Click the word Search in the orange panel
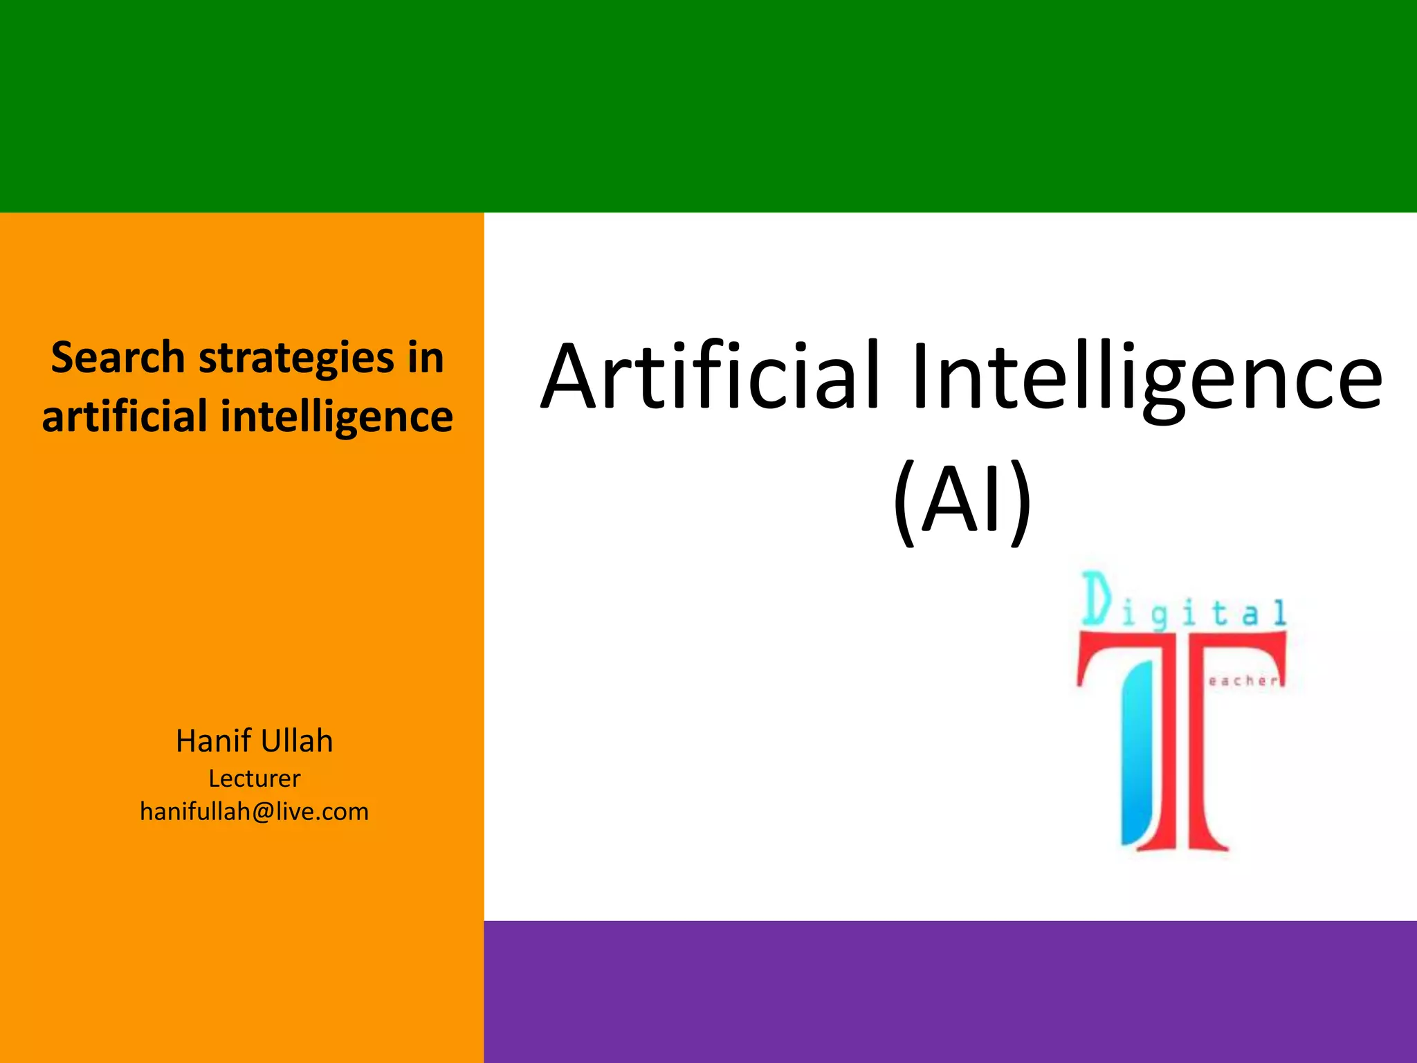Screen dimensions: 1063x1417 [x=118, y=358]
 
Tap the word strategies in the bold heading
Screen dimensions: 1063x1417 [x=296, y=359]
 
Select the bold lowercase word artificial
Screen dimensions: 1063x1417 [x=125, y=417]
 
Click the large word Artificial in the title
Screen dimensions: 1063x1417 [x=711, y=377]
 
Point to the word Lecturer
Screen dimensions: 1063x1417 [x=255, y=779]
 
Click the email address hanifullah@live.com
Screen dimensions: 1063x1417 [x=255, y=812]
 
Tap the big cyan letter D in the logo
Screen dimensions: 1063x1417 [x=1097, y=599]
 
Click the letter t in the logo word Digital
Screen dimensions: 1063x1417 [x=1219, y=613]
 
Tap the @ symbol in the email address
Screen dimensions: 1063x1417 [x=263, y=812]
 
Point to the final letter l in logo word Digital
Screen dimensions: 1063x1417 [x=1279, y=613]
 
